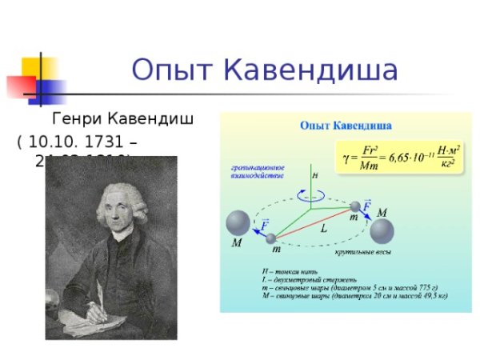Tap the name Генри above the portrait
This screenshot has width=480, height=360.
pyautogui.click(x=77, y=121)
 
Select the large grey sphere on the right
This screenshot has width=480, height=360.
pyautogui.click(x=380, y=233)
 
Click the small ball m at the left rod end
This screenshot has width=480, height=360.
pyautogui.click(x=271, y=238)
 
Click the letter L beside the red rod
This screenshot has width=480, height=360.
pyautogui.click(x=323, y=228)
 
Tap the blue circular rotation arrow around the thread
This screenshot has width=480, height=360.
pyautogui.click(x=303, y=193)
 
